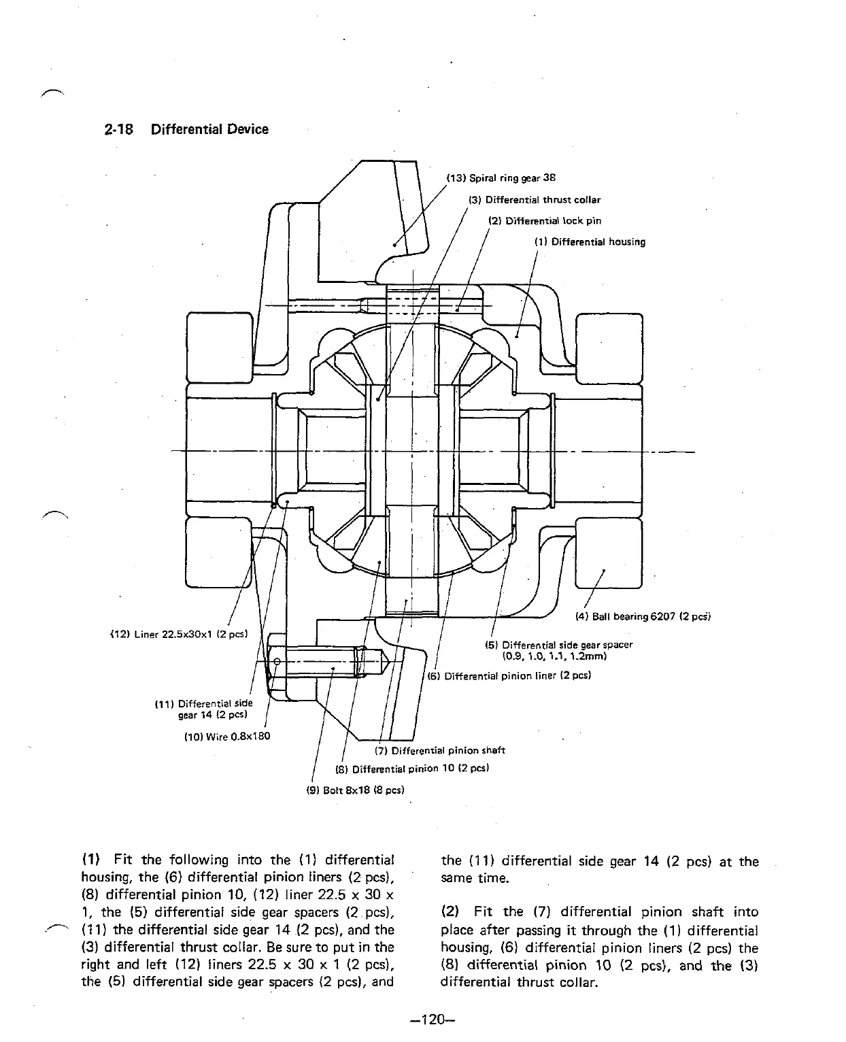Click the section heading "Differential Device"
[209, 129]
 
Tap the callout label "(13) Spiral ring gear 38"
[501, 178]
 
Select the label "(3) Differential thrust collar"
[535, 200]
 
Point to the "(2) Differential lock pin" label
[545, 220]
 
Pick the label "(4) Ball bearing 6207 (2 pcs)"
[643, 617]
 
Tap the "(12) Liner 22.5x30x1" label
[177, 635]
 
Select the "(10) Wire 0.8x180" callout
[228, 736]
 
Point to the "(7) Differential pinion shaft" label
[440, 751]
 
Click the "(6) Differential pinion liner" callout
[509, 676]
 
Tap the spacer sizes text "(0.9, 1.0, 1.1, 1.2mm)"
[554, 656]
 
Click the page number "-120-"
[433, 1020]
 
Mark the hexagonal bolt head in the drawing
[276, 662]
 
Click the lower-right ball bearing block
[609, 552]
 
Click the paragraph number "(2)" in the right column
[450, 911]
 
